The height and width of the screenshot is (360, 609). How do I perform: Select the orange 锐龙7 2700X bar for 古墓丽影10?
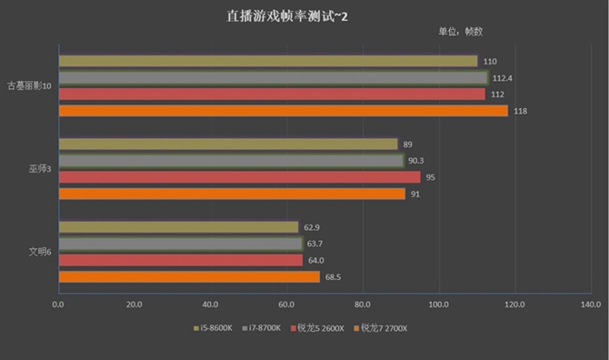pyautogui.click(x=283, y=111)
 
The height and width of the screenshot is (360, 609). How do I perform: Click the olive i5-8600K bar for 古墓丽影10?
pyautogui.click(x=267, y=61)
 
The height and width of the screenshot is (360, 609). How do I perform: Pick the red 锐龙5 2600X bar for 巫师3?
pyautogui.click(x=239, y=177)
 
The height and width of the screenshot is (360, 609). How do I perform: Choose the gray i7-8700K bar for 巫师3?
pyautogui.click(x=231, y=161)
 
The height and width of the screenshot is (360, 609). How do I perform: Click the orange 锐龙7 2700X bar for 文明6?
pyautogui.click(x=189, y=276)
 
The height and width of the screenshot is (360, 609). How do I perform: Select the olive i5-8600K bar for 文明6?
pyautogui.click(x=178, y=227)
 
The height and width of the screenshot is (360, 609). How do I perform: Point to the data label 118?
pyautogui.click(x=520, y=112)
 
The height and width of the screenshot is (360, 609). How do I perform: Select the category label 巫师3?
pyautogui.click(x=38, y=169)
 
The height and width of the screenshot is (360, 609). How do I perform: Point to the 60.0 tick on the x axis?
pyautogui.click(x=287, y=305)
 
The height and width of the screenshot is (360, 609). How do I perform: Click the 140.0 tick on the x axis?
pyautogui.click(x=592, y=305)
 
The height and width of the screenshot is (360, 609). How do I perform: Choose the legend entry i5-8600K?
pyautogui.click(x=215, y=327)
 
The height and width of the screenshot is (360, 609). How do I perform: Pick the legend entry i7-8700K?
pyautogui.click(x=264, y=327)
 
